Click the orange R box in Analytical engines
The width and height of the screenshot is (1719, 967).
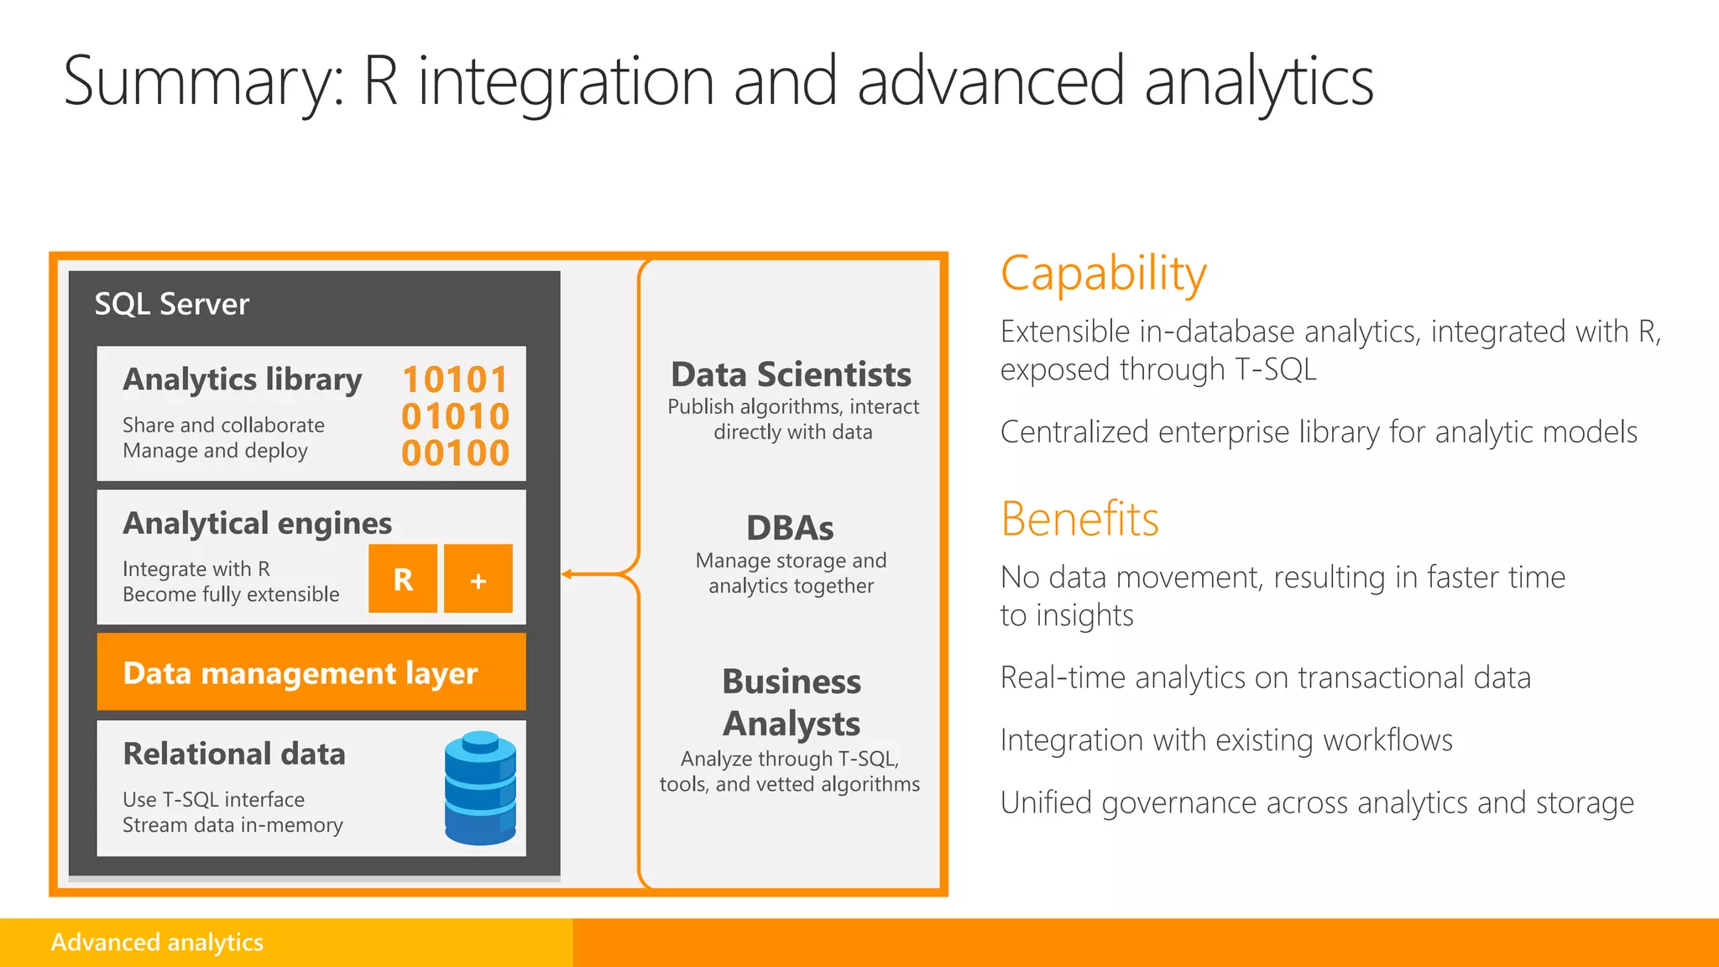(x=403, y=578)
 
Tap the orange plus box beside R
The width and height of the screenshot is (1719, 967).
(x=478, y=578)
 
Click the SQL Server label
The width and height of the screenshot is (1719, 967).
(x=171, y=304)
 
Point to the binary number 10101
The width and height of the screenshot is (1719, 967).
(x=455, y=379)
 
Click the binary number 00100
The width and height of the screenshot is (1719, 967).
(x=455, y=453)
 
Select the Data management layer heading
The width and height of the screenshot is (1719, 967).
(x=300, y=673)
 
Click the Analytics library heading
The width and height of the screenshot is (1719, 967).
(x=242, y=379)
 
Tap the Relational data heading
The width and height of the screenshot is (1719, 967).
(x=233, y=754)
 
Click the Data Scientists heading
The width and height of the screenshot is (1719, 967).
(x=791, y=374)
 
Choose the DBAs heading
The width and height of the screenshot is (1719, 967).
(x=790, y=528)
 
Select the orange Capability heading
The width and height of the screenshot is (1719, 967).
(x=1103, y=274)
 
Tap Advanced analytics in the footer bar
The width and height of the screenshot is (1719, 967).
(x=157, y=942)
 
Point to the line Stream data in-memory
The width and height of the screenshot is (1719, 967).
(x=233, y=825)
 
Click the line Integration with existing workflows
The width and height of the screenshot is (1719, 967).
(x=1226, y=740)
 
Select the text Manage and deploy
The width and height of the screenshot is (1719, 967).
(x=215, y=451)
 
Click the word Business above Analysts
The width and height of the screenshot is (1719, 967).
(x=791, y=682)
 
